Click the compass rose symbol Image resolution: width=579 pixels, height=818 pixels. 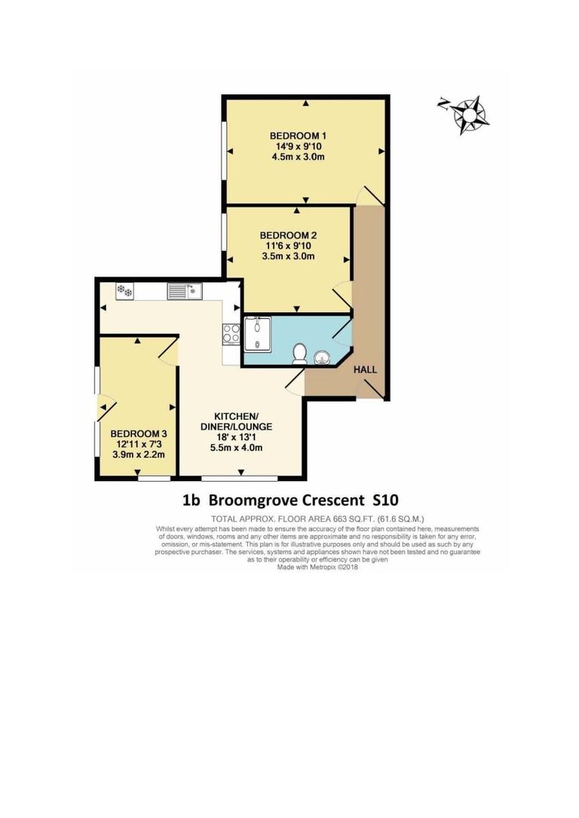coord(472,115)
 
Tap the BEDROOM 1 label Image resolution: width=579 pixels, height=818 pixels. coord(298,136)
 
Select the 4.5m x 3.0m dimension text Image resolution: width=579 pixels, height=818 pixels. coord(298,158)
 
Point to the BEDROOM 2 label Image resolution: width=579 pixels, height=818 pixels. coord(287,234)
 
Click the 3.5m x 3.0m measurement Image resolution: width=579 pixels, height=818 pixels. coord(287,256)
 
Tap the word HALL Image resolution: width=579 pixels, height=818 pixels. coord(366,369)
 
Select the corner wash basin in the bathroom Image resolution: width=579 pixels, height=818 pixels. coord(323,354)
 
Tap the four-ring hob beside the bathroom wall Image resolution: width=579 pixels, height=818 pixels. coord(231,333)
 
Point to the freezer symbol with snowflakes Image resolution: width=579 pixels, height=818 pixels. coord(124,290)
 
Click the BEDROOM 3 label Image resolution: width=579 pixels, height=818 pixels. coord(139,434)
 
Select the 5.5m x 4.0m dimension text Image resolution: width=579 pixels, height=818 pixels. coord(236,448)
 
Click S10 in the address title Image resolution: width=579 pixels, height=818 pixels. coord(384,499)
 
